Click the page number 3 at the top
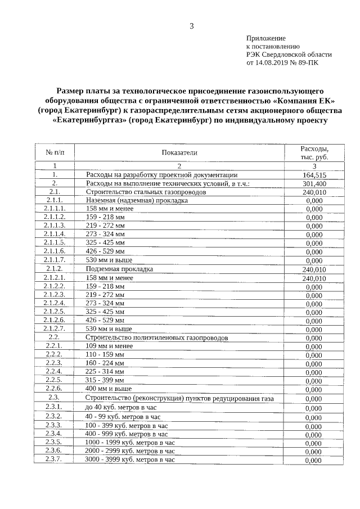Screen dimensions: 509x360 [x=191, y=26]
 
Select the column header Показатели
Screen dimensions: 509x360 [x=179, y=152]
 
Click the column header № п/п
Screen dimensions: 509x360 [x=55, y=152]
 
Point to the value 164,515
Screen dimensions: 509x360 [x=314, y=175]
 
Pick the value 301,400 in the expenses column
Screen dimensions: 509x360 [x=314, y=184]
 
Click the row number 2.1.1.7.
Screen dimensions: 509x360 [x=55, y=260]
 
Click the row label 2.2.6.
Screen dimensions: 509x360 [x=55, y=388]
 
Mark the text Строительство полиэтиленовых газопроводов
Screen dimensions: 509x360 [x=157, y=338]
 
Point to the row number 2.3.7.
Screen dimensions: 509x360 [x=55, y=459]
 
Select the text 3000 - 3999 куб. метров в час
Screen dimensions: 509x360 [x=130, y=460]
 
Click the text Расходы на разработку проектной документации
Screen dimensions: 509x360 [x=161, y=175]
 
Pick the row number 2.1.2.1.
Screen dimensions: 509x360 [x=55, y=277]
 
